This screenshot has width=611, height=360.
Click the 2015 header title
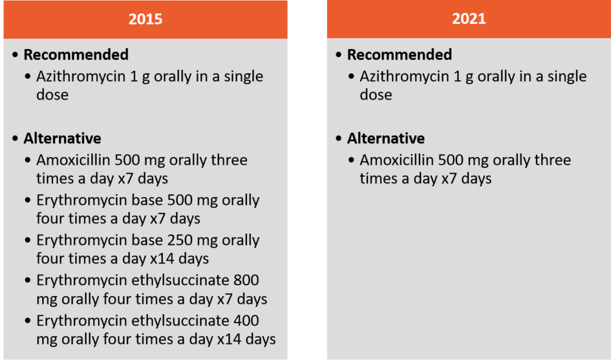pyautogui.click(x=146, y=19)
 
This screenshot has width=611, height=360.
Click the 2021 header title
pyautogui.click(x=469, y=19)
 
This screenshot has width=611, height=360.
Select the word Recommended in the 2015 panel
pyautogui.click(x=76, y=54)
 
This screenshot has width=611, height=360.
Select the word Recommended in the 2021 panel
pyautogui.click(x=399, y=54)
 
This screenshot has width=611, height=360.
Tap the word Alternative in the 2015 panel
pyautogui.click(x=62, y=139)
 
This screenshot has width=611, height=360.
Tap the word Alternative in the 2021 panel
pyautogui.click(x=386, y=139)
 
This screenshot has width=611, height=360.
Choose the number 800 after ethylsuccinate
pyautogui.click(x=246, y=280)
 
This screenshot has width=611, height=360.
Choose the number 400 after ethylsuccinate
pyautogui.click(x=246, y=321)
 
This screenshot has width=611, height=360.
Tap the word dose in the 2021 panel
pyautogui.click(x=376, y=95)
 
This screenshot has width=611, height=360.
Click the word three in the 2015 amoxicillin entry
pyautogui.click(x=229, y=160)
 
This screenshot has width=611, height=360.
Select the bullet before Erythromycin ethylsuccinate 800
pyautogui.click(x=27, y=280)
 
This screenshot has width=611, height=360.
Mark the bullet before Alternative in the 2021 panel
pyautogui.click(x=339, y=139)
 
